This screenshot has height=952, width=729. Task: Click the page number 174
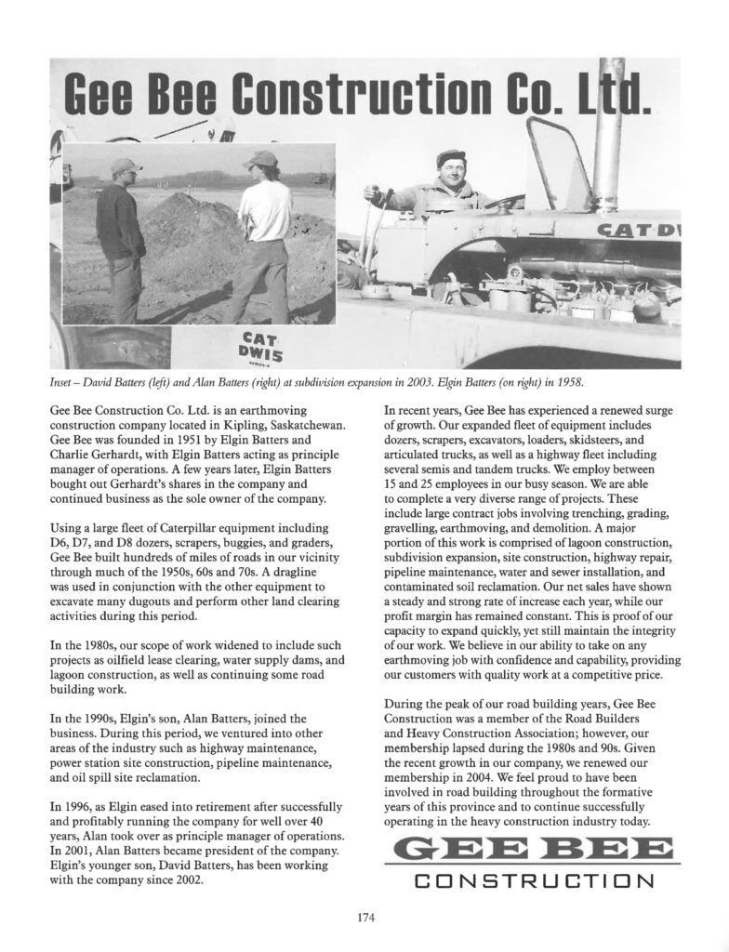point(364,919)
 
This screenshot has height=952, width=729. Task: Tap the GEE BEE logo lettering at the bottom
point(532,849)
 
